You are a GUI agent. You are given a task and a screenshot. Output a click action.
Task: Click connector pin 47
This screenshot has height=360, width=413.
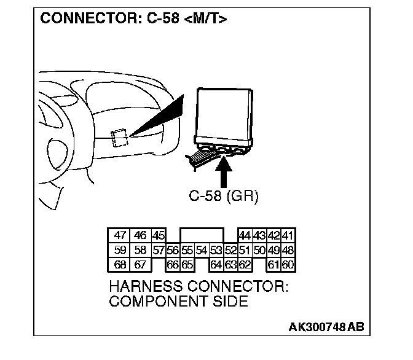[x=120, y=236]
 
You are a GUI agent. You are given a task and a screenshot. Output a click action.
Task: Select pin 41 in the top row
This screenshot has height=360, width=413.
[x=288, y=236]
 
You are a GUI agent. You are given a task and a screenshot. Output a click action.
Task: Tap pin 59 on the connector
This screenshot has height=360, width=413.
[x=120, y=250]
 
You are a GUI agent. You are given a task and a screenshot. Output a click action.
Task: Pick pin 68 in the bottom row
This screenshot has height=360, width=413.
[x=120, y=265]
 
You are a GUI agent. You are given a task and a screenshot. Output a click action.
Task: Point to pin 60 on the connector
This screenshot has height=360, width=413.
[x=288, y=265]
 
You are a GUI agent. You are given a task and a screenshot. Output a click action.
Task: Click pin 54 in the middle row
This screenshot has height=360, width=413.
[x=201, y=250]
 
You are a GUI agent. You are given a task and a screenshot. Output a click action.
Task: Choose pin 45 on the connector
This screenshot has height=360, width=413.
[x=159, y=236]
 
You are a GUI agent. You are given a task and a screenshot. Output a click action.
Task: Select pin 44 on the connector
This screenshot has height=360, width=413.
[x=245, y=236]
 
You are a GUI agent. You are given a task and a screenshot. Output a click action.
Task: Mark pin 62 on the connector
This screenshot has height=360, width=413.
[x=245, y=265]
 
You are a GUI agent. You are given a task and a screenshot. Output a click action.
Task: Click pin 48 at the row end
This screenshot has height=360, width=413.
[x=288, y=250]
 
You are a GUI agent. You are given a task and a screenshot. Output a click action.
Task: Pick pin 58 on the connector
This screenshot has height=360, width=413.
[x=141, y=250]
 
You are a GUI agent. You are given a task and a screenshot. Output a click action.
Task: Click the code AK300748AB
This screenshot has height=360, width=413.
[x=326, y=327]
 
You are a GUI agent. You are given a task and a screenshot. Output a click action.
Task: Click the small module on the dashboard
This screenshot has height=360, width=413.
[x=119, y=137]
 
